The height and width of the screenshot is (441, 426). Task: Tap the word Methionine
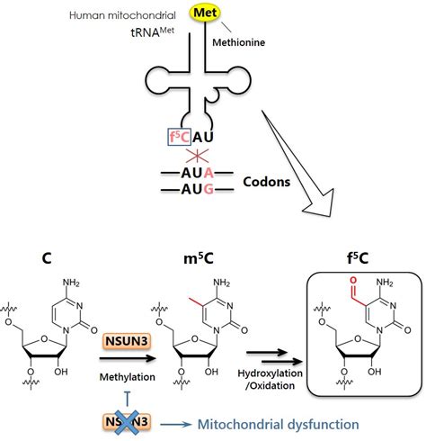pos(242,40)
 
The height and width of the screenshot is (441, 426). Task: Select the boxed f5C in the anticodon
pos(178,138)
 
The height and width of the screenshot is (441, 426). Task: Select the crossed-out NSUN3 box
pos(135,421)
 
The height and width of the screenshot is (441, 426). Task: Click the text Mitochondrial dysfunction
pos(257,424)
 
